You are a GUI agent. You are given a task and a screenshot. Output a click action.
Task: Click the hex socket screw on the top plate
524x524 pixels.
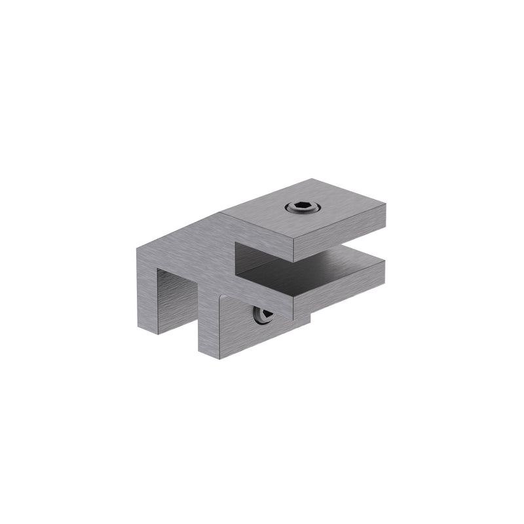point(303,208)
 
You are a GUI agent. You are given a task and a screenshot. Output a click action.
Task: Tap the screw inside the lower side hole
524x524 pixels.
point(263,316)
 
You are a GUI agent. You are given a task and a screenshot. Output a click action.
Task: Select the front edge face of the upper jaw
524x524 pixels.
point(339,231)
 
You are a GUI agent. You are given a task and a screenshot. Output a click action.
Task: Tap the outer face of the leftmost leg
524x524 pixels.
point(145,288)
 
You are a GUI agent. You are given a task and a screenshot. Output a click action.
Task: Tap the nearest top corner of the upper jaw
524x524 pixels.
point(293,240)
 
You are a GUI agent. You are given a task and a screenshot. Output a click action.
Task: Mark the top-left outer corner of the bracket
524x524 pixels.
point(137,248)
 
